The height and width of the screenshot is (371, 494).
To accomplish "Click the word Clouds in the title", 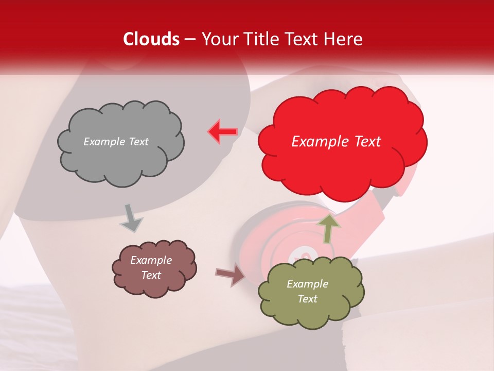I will pyautogui.click(x=151, y=39).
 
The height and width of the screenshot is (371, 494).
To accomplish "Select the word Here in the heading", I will pyautogui.click(x=344, y=39).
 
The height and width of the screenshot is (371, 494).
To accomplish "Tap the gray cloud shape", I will pyautogui.click(x=120, y=155).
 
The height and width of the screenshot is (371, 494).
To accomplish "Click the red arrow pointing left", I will pyautogui.click(x=223, y=131).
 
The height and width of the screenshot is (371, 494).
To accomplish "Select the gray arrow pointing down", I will pyautogui.click(x=131, y=218).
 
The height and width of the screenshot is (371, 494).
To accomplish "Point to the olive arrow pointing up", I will pyautogui.click(x=328, y=228).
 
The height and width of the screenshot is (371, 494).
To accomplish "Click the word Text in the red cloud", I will pyautogui.click(x=367, y=142).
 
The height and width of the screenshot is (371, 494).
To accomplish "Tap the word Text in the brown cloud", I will pyautogui.click(x=151, y=275).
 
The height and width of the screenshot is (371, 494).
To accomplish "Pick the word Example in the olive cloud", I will pyautogui.click(x=307, y=284).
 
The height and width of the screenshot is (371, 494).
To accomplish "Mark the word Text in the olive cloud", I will pyautogui.click(x=307, y=299).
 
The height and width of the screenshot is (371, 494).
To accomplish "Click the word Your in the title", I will pyautogui.click(x=218, y=39).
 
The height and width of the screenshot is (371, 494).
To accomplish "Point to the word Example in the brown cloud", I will pyautogui.click(x=151, y=260).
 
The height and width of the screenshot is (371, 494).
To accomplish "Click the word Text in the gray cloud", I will pyautogui.click(x=137, y=142).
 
